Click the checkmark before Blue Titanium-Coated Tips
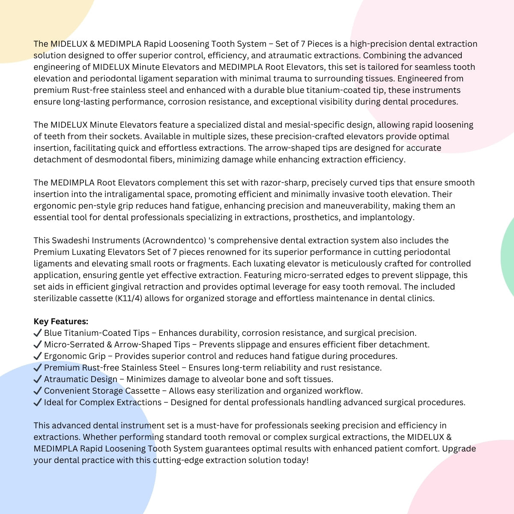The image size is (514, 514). pyautogui.click(x=38, y=333)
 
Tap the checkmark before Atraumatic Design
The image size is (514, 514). pyautogui.click(x=38, y=379)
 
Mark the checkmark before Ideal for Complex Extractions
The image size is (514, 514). pyautogui.click(x=38, y=402)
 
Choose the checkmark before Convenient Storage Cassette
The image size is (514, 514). pyautogui.click(x=38, y=391)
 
